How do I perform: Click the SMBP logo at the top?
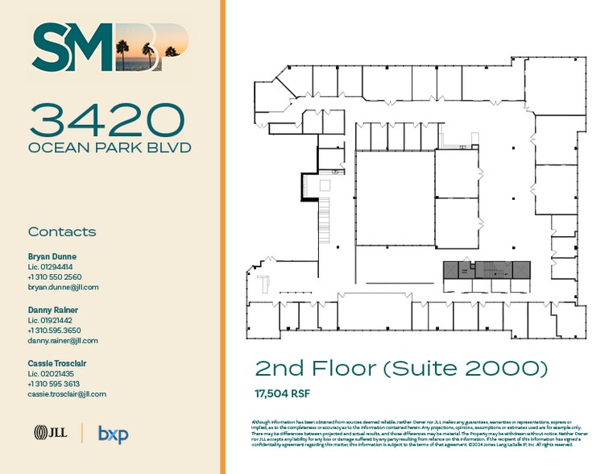(110, 48)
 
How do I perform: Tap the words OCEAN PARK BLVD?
(110, 148)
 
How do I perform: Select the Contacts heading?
(62, 232)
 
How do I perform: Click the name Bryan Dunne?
(52, 256)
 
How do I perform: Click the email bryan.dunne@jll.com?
(63, 287)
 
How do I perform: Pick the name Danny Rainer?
(52, 310)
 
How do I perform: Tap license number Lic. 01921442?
(50, 320)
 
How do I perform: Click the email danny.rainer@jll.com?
(63, 340)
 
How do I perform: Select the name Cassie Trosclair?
(57, 364)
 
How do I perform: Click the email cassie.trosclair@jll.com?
(67, 394)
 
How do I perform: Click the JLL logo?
(49, 434)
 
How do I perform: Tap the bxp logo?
(113, 434)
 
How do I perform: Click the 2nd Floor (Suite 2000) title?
(401, 369)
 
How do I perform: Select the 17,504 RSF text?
(283, 394)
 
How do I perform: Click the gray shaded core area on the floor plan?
(487, 271)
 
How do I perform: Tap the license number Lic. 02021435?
(50, 374)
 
